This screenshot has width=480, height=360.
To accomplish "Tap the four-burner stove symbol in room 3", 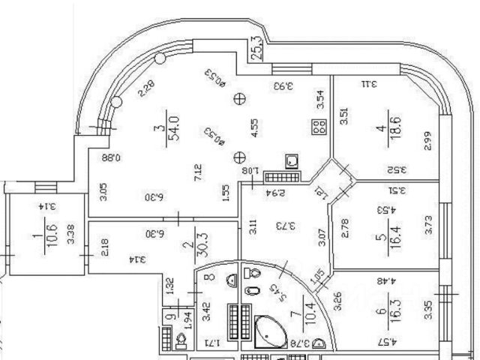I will click(x=319, y=127).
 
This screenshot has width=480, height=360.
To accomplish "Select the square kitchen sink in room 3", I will click(x=292, y=162).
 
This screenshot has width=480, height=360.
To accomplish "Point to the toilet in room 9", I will click(x=181, y=341).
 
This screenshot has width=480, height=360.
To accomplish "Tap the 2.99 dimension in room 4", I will click(x=427, y=142).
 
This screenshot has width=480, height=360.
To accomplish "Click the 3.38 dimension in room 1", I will click(x=70, y=235).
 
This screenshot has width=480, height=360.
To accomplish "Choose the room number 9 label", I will click(x=170, y=317).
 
